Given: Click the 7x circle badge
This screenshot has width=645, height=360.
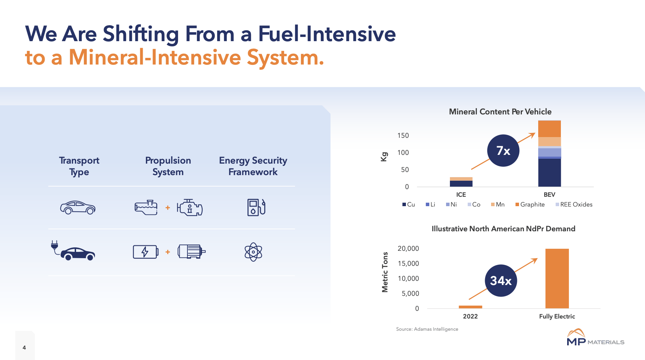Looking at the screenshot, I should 503,151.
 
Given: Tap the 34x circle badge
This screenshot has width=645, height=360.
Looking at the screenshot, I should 501,280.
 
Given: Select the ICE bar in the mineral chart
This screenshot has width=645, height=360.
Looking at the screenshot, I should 461,182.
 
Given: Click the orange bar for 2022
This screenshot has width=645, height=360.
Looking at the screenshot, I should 470,307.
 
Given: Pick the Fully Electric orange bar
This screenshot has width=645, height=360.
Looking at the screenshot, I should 557,278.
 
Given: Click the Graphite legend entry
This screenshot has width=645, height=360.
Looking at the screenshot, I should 530,204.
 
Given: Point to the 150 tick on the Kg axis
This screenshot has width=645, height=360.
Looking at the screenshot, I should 403,135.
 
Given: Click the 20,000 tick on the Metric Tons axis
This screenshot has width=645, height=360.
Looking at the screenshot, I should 408,248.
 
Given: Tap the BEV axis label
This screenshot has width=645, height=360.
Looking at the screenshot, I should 549,195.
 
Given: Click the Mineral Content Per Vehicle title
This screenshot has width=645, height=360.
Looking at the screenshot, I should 500,112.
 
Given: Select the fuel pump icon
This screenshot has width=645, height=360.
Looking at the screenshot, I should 256,207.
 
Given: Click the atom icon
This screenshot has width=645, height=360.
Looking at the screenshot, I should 253,252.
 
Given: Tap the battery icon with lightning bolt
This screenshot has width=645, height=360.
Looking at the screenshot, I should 146,252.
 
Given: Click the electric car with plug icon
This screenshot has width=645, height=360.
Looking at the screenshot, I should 73,251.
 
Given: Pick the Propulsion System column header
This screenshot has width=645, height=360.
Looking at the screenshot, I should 168,166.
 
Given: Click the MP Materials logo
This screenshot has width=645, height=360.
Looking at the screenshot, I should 595,338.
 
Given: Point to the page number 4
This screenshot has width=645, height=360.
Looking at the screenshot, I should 24,347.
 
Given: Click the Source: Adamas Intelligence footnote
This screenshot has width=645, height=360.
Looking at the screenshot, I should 427,329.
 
